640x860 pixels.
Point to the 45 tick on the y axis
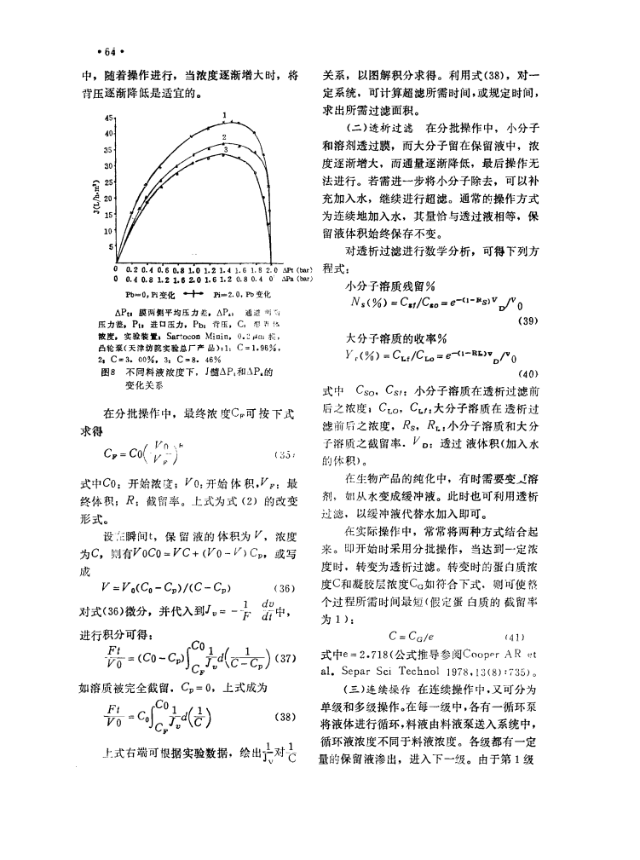(108, 118)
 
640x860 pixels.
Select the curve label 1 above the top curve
(223, 115)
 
